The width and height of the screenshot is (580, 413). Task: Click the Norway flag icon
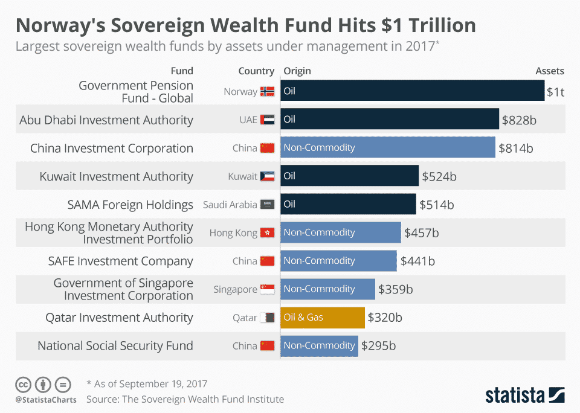point(267,92)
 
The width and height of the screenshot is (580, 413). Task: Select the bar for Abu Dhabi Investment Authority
point(390,120)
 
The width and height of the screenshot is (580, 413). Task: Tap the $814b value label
point(516,148)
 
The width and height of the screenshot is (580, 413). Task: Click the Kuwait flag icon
point(267,176)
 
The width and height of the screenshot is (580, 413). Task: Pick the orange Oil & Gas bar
point(323,317)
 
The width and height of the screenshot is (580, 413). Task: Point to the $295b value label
point(379,345)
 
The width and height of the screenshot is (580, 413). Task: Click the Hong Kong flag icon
point(267,232)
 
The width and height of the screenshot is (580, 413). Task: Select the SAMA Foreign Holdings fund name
point(130,205)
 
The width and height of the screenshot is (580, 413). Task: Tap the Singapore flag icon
point(267,289)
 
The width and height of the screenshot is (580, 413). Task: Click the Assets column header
point(549,71)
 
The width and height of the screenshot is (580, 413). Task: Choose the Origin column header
point(297,71)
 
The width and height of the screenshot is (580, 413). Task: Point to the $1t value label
point(555,92)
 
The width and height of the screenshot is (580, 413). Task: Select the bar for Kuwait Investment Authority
point(350,176)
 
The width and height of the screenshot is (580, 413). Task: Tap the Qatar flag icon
point(267,318)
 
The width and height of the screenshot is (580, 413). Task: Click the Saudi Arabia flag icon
point(267,205)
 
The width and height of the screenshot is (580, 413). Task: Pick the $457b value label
point(422,232)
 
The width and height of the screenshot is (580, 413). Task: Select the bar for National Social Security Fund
point(319,345)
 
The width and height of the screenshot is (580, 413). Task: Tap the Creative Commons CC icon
point(23,384)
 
